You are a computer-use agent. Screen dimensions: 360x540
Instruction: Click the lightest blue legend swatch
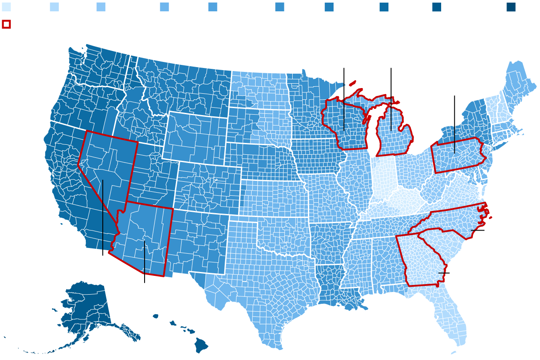pos(6,7)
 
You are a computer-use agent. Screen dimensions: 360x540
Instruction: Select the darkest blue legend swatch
pos(511,7)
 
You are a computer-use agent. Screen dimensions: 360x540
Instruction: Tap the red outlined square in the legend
pos(6,24)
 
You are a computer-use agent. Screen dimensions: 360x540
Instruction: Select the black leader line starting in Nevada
pos(103,218)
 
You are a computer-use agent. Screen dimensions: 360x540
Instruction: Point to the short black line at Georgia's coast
pos(444,273)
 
